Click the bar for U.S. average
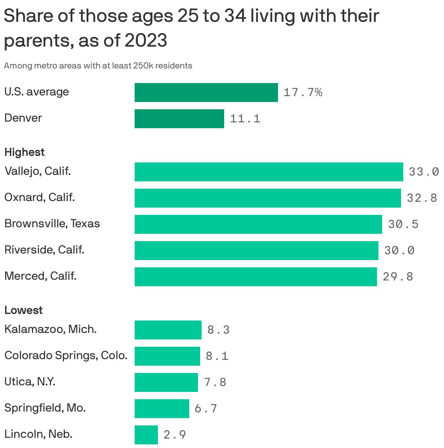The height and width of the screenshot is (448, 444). point(206,93)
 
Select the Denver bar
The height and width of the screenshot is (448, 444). point(179,119)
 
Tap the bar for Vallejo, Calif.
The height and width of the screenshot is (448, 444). point(269,172)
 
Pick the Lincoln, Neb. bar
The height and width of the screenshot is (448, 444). point(146,435)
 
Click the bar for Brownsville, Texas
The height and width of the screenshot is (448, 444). point(258,224)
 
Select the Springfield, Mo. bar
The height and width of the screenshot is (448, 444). point(162,409)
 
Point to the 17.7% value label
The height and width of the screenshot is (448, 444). point(303,93)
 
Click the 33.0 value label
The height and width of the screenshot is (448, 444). point(424,172)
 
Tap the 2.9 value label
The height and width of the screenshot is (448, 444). point(175,435)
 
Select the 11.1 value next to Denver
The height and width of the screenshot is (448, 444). point(245,119)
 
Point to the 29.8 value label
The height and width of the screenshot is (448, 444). point(398,277)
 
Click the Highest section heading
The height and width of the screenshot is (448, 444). point(24,152)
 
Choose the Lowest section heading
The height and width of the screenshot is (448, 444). point(23,310)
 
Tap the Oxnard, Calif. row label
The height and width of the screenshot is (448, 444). point(39,197)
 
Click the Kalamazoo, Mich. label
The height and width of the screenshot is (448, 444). point(50,329)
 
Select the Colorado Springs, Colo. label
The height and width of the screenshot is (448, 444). point(66,355)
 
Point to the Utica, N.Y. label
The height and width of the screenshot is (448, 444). point(30,382)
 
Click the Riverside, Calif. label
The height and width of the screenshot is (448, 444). point(44,250)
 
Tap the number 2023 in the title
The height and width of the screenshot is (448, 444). point(146,40)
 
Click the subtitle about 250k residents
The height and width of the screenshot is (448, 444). point(98,66)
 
